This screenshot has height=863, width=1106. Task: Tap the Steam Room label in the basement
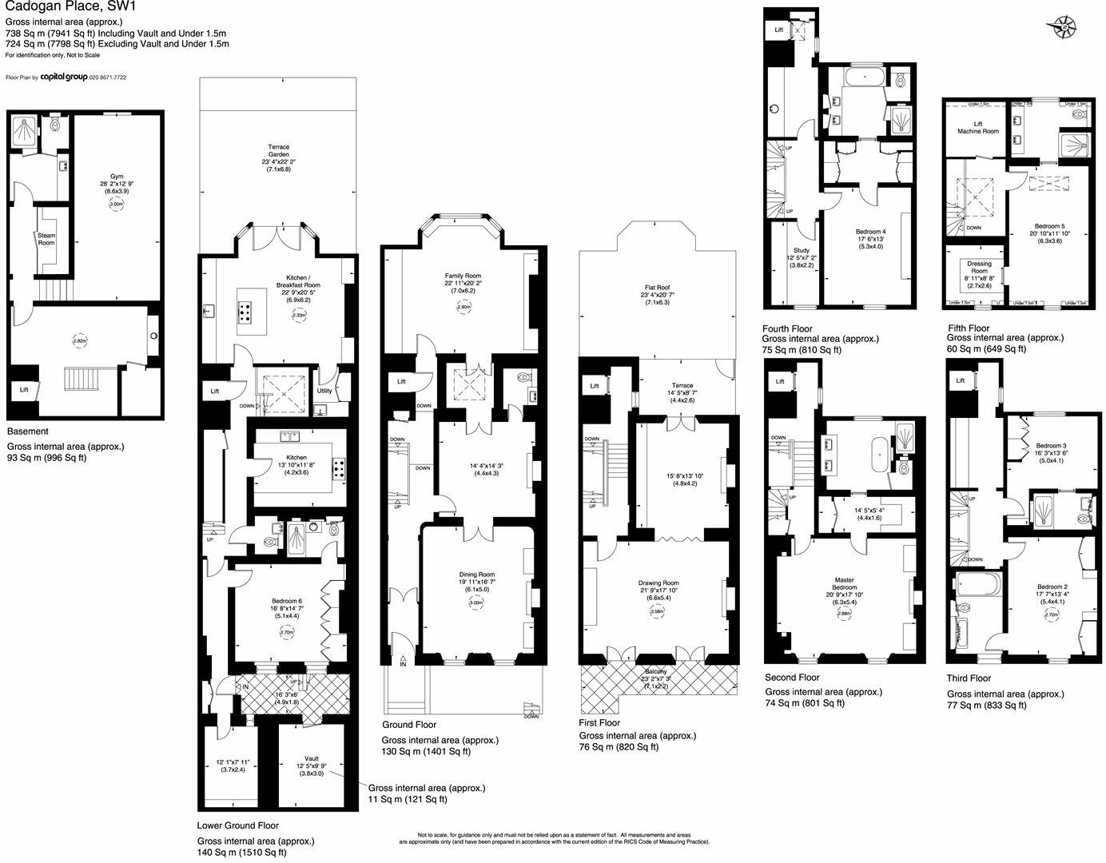coord(46,239)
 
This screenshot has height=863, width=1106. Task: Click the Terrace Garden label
coord(278,153)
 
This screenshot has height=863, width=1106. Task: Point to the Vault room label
coord(312,758)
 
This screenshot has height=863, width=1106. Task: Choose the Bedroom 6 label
coord(287,601)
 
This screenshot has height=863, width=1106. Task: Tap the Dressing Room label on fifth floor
coord(979,268)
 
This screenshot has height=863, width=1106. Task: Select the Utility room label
coord(324,391)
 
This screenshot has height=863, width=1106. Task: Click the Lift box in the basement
coord(24,390)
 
